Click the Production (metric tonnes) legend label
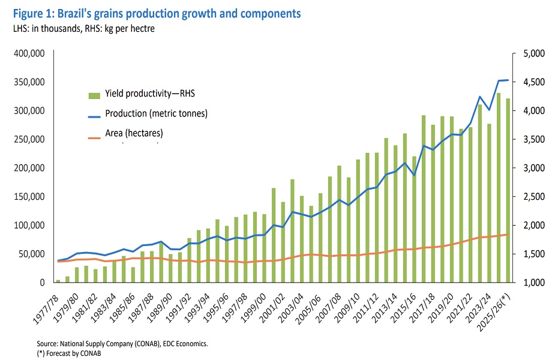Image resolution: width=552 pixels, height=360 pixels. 157,113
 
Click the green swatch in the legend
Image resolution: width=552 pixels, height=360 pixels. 94,94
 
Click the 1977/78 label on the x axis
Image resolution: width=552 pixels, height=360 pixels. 47,303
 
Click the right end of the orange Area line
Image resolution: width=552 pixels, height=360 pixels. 508,235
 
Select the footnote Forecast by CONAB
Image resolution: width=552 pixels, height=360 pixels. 73,352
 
